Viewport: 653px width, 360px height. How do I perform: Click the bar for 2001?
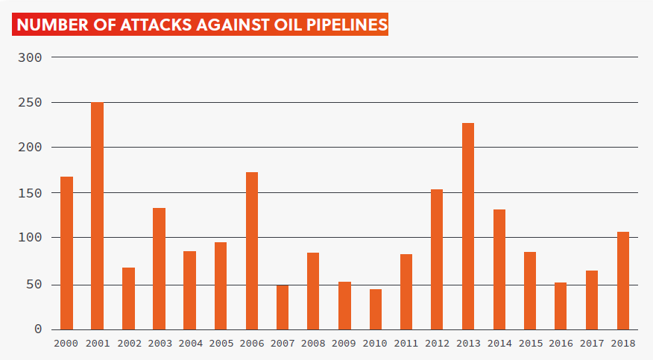point(97,216)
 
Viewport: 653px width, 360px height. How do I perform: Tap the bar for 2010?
point(375,309)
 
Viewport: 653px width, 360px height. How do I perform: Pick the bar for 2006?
point(252,250)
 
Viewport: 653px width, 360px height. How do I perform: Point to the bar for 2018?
point(623,280)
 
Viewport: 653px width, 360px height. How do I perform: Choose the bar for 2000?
point(66,253)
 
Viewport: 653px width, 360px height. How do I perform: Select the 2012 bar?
point(437,259)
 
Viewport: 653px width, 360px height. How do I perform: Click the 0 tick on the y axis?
point(38,329)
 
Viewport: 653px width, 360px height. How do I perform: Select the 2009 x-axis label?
point(344,344)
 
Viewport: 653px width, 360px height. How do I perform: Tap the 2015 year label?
point(530,344)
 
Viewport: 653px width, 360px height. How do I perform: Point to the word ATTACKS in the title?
point(154,25)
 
